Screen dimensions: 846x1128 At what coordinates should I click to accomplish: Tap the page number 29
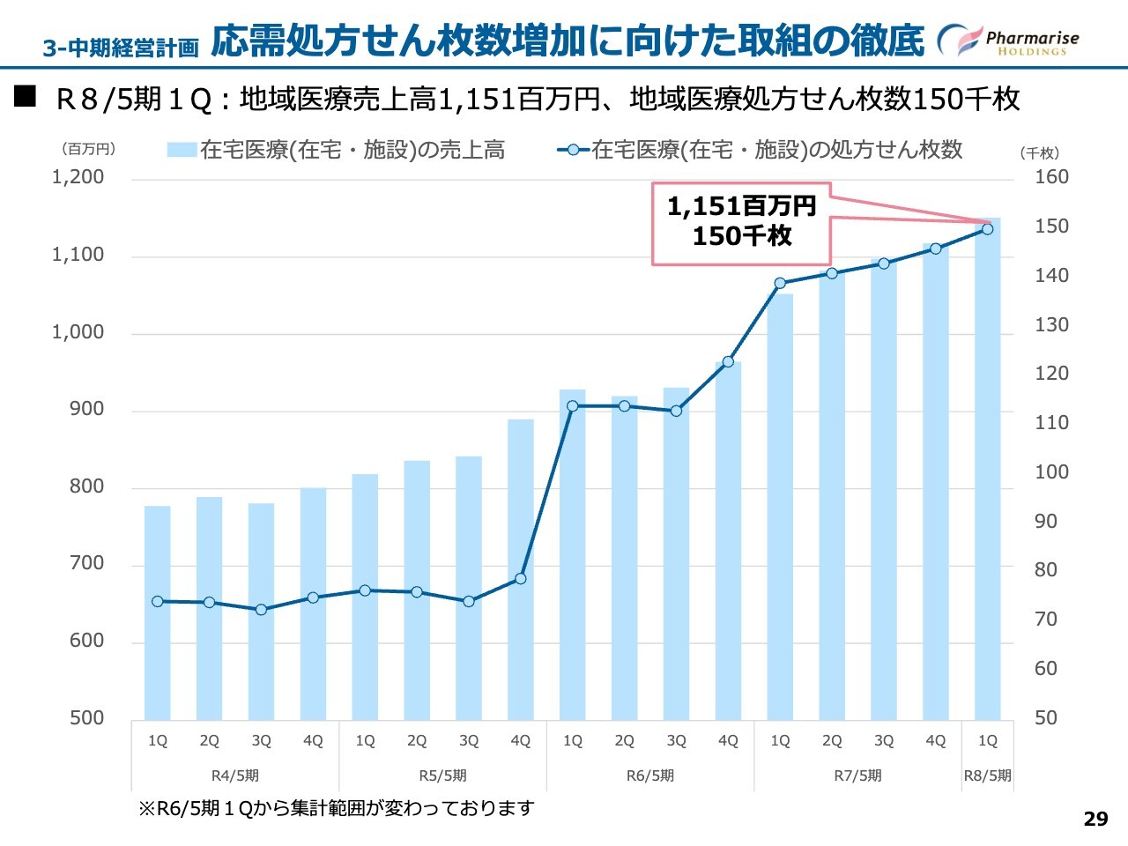[x=1095, y=819]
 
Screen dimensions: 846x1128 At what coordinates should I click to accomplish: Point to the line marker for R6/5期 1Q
[x=573, y=406]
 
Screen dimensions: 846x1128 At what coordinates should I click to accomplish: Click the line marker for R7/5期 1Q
[x=780, y=284]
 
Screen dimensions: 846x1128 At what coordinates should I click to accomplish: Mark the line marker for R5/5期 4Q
[x=521, y=579]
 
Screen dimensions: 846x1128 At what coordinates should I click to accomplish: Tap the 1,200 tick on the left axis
[x=78, y=177]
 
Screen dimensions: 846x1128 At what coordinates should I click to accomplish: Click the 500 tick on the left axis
[x=86, y=718]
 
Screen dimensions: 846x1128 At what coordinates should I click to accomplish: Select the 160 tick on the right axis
[x=1051, y=177]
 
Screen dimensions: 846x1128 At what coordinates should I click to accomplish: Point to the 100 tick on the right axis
[x=1051, y=472]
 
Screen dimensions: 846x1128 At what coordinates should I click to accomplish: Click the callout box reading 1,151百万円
[x=741, y=222]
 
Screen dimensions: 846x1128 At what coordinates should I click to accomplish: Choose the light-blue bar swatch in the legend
[x=182, y=150]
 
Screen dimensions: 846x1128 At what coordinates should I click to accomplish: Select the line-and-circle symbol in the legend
[x=573, y=150]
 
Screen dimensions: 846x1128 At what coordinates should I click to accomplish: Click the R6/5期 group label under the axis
[x=650, y=775]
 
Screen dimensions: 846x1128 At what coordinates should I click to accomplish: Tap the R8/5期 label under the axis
[x=987, y=775]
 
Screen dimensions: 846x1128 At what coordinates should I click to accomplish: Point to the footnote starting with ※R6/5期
[x=336, y=808]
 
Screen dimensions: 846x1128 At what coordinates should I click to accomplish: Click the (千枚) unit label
[x=1040, y=153]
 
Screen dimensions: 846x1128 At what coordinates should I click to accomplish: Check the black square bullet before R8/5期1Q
[x=25, y=96]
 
